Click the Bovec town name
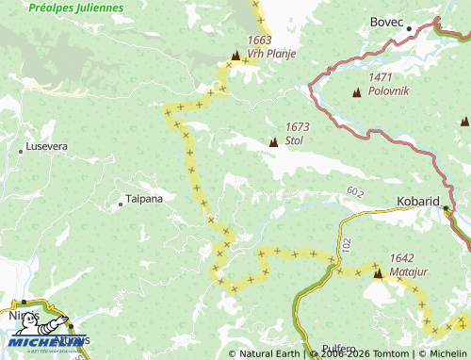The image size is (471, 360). (386, 21)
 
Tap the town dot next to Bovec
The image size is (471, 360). (409, 28)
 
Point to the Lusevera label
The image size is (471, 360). (48, 147)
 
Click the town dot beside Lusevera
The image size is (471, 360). (21, 151)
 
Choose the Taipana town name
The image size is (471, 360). (143, 199)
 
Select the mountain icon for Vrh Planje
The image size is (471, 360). (235, 56)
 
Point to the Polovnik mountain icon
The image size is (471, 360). (356, 92)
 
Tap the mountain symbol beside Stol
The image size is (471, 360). (273, 142)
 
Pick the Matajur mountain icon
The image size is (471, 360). (378, 274)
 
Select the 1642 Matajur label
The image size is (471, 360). (401, 264)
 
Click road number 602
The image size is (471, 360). (354, 191)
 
